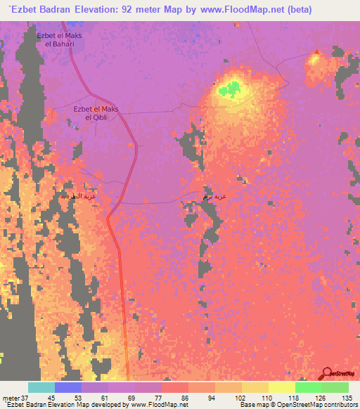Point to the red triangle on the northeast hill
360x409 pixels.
pyautogui.click(x=317, y=51)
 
